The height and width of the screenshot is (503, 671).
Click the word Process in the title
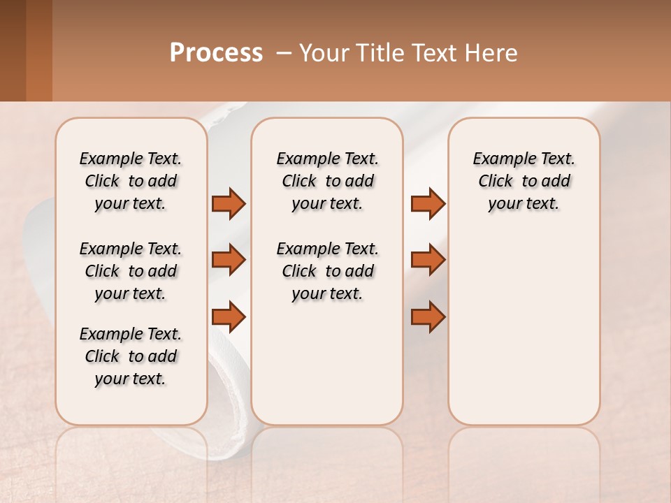(216, 53)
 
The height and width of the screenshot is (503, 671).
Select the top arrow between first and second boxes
(229, 203)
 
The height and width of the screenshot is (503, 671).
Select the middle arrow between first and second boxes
(229, 260)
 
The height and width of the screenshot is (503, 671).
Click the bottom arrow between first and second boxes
(229, 317)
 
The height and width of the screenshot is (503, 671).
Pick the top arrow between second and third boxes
(428, 203)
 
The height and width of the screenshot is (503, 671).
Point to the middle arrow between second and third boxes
(428, 260)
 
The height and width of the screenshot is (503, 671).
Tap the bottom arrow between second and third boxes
(428, 317)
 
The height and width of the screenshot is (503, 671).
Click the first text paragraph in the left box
(131, 181)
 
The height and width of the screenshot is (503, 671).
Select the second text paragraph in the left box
(131, 271)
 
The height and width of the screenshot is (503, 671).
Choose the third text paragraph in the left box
(131, 356)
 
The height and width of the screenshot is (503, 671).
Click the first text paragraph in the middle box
(327, 181)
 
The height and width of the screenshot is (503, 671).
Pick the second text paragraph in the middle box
(327, 271)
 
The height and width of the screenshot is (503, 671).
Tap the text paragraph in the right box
(524, 181)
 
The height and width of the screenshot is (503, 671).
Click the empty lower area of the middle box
(327, 363)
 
